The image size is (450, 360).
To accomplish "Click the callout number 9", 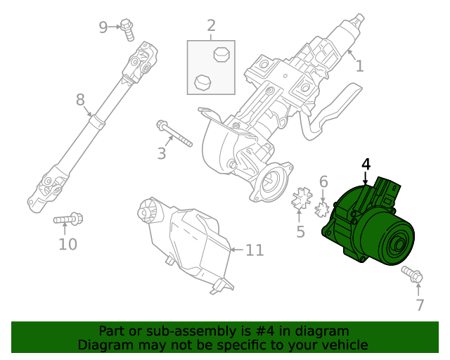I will coord(103,27).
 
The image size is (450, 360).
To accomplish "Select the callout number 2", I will coord(211,27).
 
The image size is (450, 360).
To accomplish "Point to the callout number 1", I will coord(359,66).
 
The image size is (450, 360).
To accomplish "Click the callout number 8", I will coord(80,101).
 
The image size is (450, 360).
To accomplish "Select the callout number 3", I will coord(162,153).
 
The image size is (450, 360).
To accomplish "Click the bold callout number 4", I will coord(366,165).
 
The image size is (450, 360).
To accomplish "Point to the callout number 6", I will coord(323,182).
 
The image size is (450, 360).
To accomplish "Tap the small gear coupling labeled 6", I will coord(323,209).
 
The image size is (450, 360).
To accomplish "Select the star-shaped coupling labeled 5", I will coord(301,200).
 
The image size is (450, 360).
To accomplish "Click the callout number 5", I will coord(301,232).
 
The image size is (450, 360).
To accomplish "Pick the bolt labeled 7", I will coord(411,275).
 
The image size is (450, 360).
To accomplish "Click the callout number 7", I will coord(420,305).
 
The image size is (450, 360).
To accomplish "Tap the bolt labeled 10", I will coord(68,221).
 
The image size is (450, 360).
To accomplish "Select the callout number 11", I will coord(254,250).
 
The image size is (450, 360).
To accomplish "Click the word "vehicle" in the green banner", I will coord(342,345).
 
